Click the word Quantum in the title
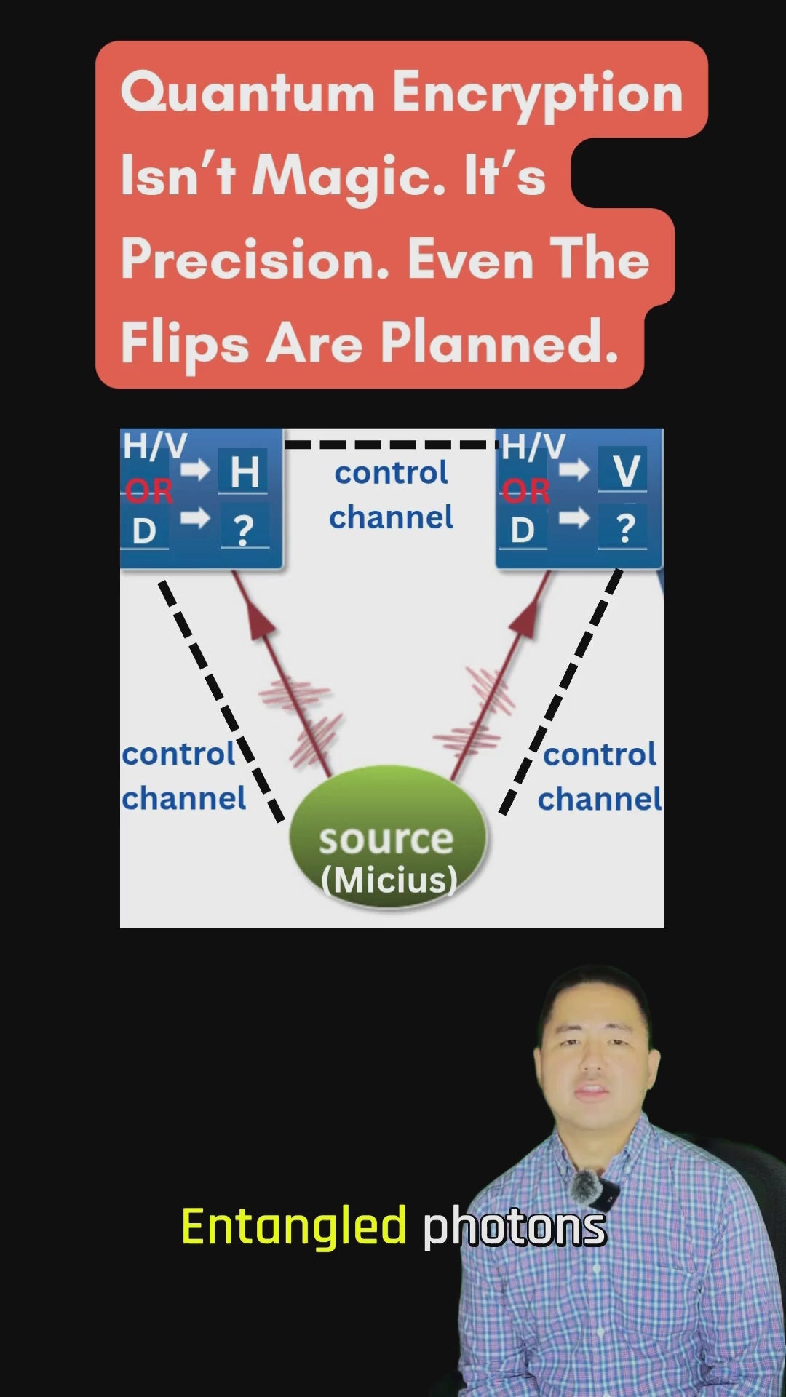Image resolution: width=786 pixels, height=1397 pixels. pos(247,94)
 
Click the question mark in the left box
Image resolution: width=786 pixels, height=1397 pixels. pos(245,530)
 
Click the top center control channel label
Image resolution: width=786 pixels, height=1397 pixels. pos(392,495)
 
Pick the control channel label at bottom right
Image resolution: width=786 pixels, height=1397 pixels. pos(600,777)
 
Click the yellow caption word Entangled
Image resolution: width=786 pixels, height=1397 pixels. pos(293,1227)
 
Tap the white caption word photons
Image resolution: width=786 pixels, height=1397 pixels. pos(514,1227)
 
